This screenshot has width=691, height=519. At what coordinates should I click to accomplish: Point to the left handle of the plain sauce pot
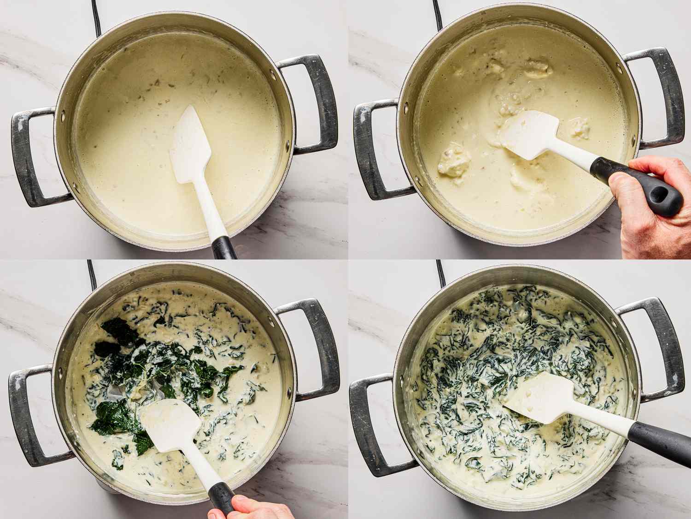(x=30, y=157)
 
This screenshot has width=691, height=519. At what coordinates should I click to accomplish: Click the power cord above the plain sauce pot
(x=96, y=16)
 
